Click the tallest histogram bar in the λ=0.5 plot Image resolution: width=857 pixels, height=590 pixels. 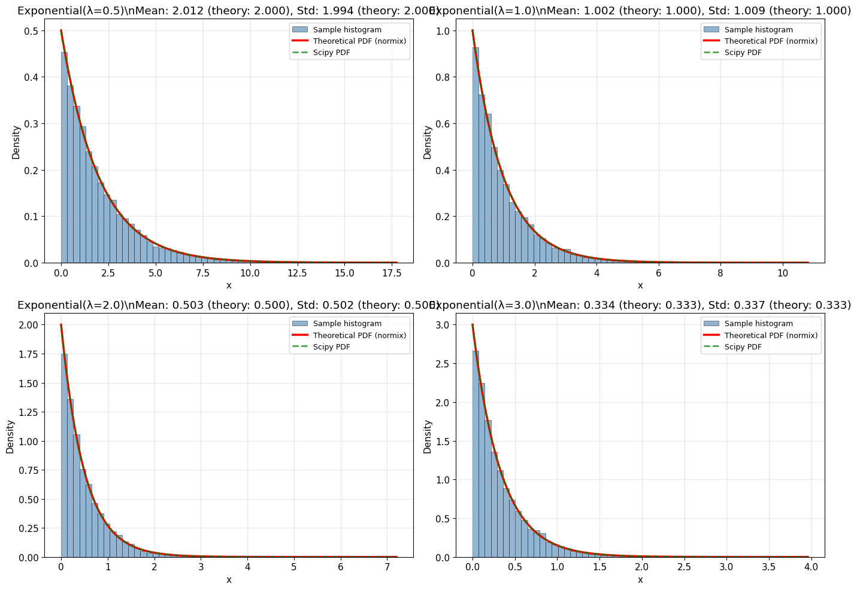[x=64, y=157]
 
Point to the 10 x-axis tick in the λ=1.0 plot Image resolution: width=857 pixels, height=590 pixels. [x=782, y=273]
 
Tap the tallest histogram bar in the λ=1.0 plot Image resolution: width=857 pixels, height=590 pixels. [x=476, y=155]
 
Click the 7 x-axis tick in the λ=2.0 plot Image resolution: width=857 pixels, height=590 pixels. [x=387, y=567]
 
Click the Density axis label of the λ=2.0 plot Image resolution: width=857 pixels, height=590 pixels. [x=10, y=436]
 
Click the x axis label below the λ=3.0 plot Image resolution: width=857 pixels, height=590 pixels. [x=640, y=580]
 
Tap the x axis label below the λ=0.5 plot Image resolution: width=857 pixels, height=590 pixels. [x=229, y=285]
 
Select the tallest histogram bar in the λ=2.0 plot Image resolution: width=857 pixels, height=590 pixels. [x=64, y=455]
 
